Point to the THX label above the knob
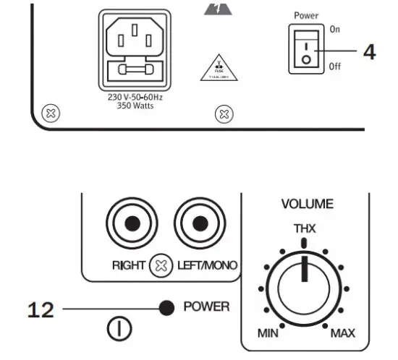click(x=304, y=229)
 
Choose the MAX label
click(x=344, y=333)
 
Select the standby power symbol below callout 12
click(x=118, y=330)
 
